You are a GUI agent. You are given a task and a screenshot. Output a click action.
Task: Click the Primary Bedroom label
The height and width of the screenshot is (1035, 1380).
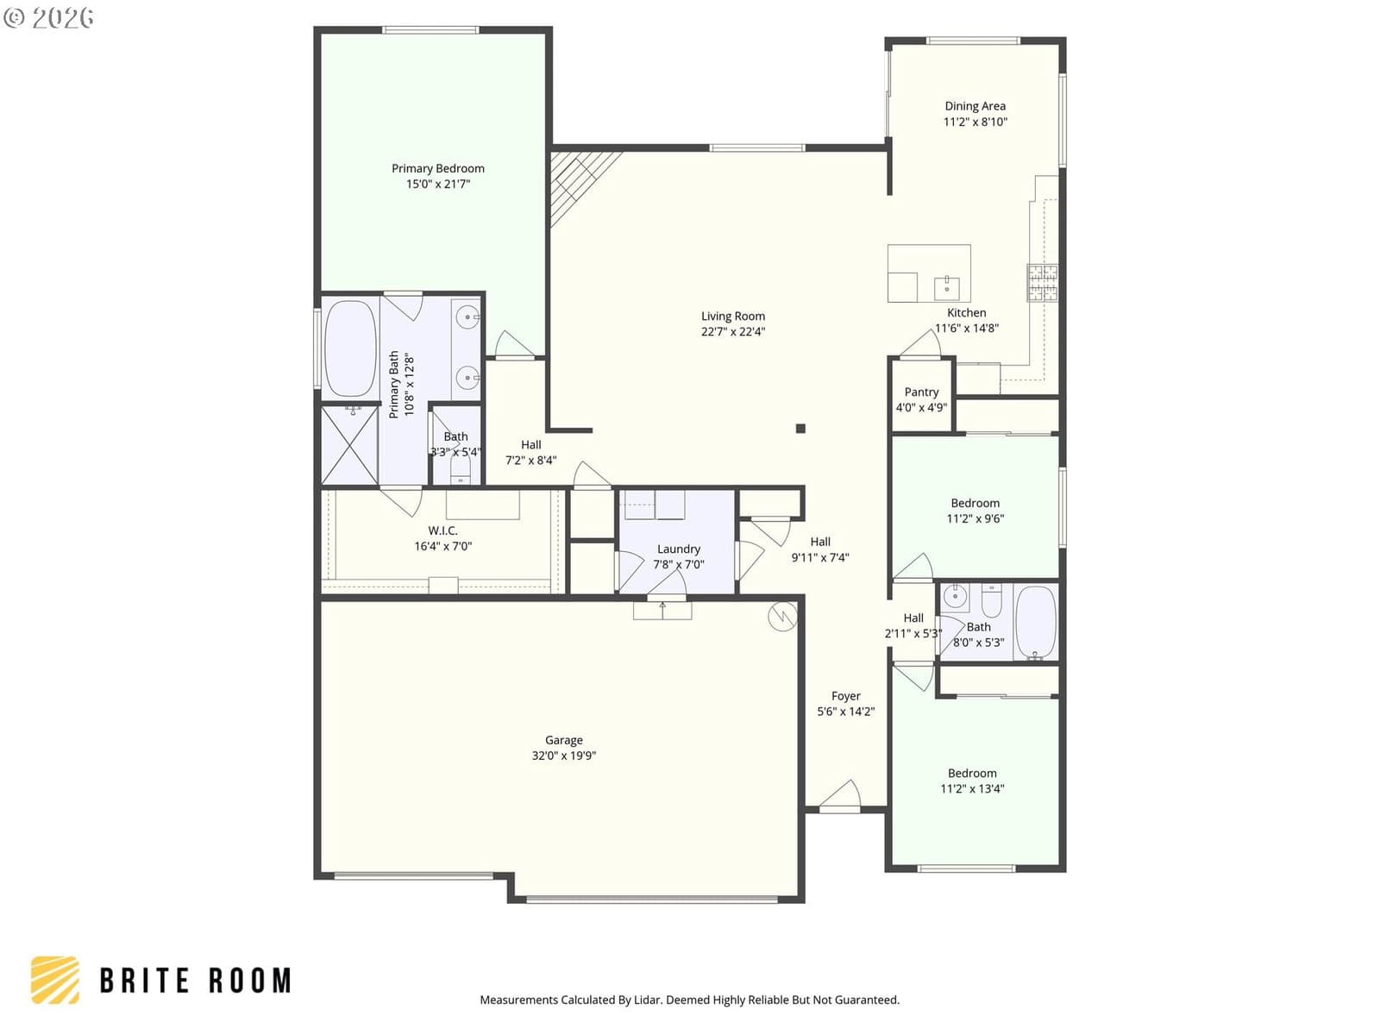tap(437, 168)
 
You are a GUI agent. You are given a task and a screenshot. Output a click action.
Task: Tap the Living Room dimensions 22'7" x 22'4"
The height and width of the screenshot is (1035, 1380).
tap(732, 332)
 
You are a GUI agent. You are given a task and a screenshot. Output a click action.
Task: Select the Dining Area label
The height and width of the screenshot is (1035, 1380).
tap(975, 106)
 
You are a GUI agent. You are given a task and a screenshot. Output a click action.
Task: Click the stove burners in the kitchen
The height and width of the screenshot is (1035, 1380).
tap(1042, 283)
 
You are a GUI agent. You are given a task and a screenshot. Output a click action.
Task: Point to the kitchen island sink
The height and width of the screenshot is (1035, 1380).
tap(946, 288)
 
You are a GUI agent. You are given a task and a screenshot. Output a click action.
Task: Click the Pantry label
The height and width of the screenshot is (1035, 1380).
tap(921, 392)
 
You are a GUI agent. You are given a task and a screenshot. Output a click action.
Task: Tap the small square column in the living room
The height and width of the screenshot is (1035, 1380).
tap(800, 429)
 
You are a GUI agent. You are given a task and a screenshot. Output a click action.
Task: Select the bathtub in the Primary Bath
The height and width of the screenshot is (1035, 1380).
tap(350, 348)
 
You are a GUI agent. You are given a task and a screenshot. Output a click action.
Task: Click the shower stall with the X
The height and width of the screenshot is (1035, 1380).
tap(349, 445)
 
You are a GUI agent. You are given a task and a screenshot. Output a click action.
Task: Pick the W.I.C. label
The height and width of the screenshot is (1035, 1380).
tap(442, 531)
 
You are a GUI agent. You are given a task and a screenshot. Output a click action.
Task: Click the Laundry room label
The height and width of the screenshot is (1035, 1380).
tap(678, 549)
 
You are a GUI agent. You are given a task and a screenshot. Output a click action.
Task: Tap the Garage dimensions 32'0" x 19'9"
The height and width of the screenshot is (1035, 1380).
tap(563, 756)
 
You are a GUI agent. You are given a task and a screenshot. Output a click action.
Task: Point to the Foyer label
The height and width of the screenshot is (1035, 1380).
tap(845, 696)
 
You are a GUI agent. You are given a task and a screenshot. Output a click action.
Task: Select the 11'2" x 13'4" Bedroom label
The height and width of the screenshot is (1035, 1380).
tap(971, 774)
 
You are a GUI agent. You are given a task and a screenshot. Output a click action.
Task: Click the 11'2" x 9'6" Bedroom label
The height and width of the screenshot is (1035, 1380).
tap(975, 504)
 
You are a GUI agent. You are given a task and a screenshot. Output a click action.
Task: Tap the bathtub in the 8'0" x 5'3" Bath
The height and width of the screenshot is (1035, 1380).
tap(1035, 622)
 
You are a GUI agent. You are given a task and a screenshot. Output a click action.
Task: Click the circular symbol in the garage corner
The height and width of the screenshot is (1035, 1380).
tap(782, 617)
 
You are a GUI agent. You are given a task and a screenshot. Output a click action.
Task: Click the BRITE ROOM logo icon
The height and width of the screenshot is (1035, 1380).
tap(55, 980)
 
